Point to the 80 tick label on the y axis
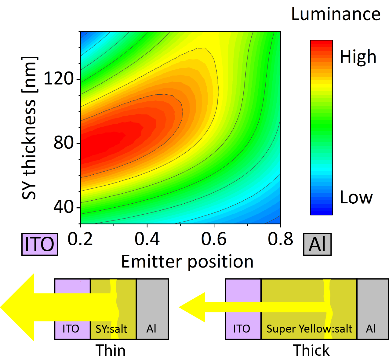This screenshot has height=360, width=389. (x=64, y=143)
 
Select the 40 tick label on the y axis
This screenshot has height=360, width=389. (x=64, y=207)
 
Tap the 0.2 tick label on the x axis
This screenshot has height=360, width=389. (x=80, y=239)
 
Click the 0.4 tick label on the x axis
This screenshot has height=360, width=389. (x=147, y=239)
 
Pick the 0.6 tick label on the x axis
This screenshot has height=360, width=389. (x=214, y=239)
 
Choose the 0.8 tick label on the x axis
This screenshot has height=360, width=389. (x=280, y=239)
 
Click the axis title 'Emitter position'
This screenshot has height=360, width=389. (x=187, y=262)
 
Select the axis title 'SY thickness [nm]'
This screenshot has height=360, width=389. (x=30, y=128)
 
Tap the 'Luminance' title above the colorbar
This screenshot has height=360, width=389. (x=336, y=14)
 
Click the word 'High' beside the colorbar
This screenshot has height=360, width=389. (x=358, y=57)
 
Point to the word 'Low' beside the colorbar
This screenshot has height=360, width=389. (x=356, y=197)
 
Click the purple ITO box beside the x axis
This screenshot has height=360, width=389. (x=39, y=244)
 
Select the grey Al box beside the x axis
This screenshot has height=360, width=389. (x=317, y=244)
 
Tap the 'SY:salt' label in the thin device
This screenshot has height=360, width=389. (x=111, y=329)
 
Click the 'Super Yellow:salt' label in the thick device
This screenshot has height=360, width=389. (x=309, y=329)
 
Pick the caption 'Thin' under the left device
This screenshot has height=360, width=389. (x=111, y=350)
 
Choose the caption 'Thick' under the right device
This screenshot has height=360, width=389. (x=311, y=350)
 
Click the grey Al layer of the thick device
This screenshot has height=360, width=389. (x=372, y=308)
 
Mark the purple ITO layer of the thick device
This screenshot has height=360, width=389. (x=243, y=308)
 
